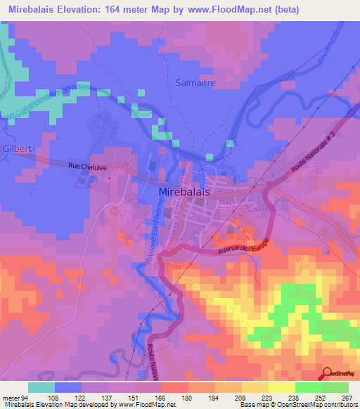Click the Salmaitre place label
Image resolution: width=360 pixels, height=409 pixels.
(195, 82)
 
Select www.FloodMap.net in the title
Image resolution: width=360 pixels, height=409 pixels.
(237, 9)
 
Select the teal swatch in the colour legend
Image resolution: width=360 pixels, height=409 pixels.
(41, 387)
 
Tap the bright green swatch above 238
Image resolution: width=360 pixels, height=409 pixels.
(309, 387)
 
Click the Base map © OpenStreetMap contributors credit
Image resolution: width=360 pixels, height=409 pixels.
(298, 405)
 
